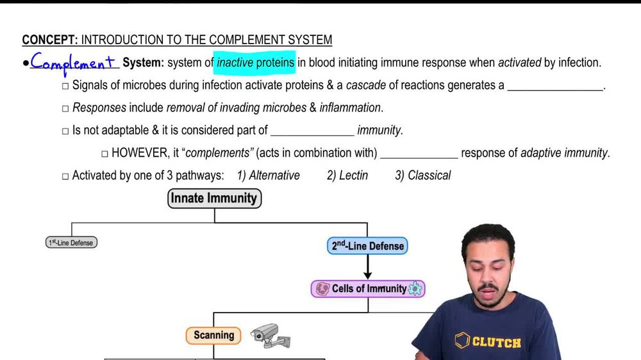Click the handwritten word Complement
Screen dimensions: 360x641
point(73,63)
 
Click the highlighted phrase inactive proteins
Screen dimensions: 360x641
point(255,63)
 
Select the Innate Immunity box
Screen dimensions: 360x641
point(214,199)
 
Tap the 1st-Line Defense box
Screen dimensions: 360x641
point(72,243)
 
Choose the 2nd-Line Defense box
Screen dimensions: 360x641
point(367,245)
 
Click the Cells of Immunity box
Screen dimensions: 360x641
point(367,288)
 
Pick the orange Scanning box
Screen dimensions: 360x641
point(213,335)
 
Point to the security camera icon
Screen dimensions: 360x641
point(270,335)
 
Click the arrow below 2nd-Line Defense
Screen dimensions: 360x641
point(367,266)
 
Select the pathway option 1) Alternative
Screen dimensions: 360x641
point(268,175)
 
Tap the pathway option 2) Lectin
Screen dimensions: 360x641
point(347,175)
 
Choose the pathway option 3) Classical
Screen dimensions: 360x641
point(422,175)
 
